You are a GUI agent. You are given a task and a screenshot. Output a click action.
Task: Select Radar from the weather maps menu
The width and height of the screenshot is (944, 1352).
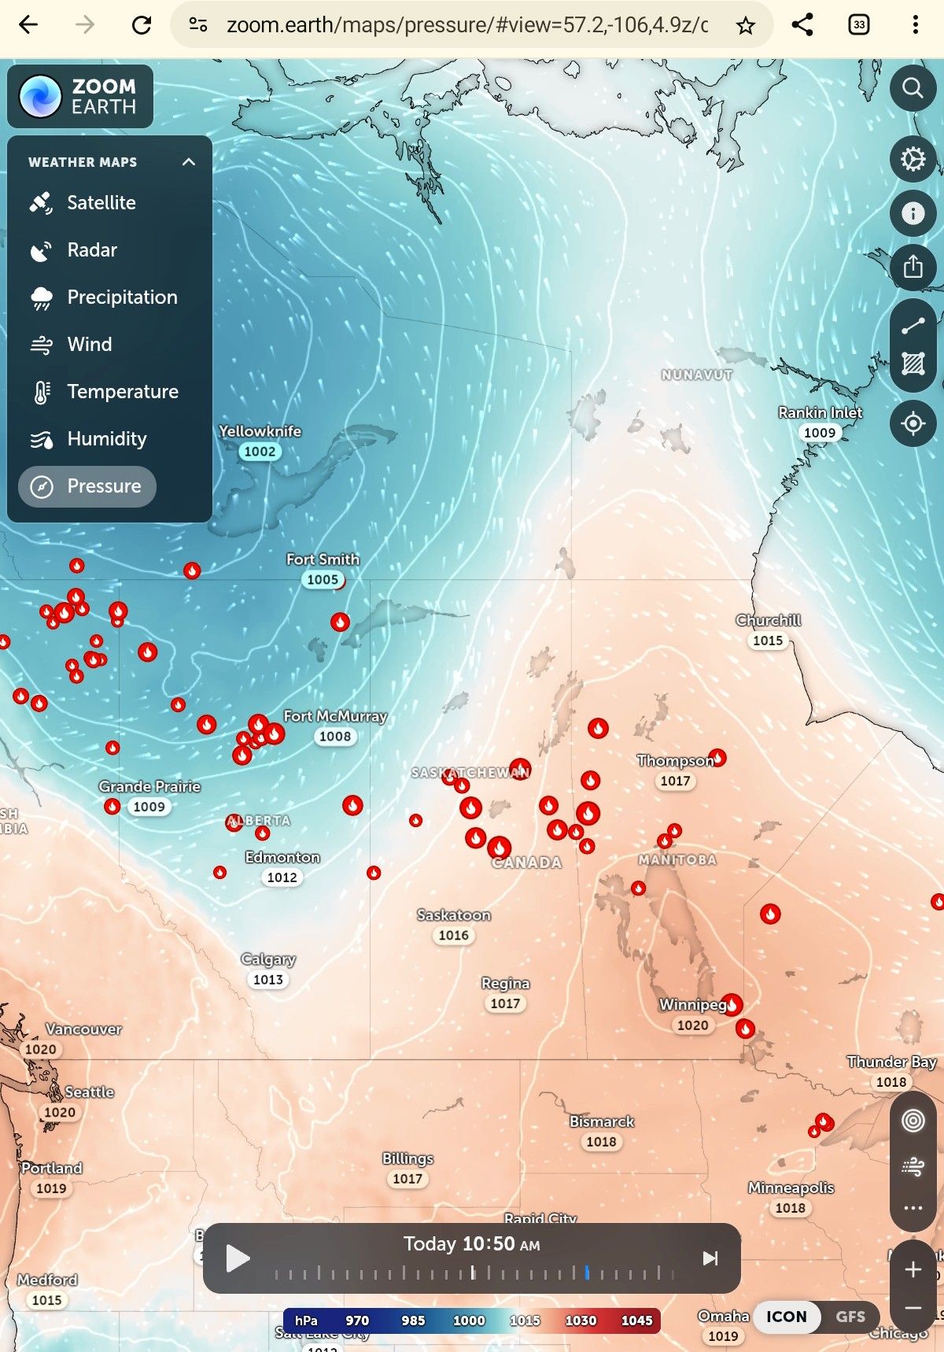click(91, 250)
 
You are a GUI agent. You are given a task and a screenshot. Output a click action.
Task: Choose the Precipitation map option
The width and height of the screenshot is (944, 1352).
click(122, 297)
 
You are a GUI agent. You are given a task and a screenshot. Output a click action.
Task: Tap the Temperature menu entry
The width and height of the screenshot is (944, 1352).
click(122, 392)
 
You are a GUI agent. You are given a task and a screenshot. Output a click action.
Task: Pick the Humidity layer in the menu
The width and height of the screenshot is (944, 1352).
click(106, 439)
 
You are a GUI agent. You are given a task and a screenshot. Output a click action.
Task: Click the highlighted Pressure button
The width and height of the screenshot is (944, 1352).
click(87, 486)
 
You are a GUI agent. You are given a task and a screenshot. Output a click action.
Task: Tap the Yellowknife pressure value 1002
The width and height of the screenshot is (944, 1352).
click(260, 452)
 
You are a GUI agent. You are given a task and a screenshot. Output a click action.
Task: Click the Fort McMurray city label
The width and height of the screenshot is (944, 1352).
click(335, 716)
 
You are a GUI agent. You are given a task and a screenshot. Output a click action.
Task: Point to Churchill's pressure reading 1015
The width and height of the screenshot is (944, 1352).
click(768, 641)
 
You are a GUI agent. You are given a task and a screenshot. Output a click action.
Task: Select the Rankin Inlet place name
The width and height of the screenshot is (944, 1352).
click(820, 412)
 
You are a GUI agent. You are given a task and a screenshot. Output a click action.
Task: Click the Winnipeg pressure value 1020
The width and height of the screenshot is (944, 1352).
click(692, 1025)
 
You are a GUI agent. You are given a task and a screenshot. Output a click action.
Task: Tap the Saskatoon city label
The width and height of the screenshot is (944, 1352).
click(454, 915)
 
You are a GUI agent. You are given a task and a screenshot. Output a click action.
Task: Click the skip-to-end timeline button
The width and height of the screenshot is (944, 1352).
click(710, 1258)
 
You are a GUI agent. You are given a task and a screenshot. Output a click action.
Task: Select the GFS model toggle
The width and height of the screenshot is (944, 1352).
click(850, 1317)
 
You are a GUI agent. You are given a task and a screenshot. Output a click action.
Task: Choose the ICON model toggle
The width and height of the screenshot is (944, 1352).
click(787, 1317)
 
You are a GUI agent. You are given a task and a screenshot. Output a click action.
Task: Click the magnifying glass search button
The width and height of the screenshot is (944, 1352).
click(913, 88)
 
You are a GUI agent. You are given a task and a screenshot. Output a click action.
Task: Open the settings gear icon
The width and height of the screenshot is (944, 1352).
click(913, 159)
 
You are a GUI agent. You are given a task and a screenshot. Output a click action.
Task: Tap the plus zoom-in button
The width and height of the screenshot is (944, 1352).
click(913, 1269)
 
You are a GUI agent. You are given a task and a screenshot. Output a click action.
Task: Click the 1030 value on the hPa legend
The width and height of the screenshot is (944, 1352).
click(581, 1321)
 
